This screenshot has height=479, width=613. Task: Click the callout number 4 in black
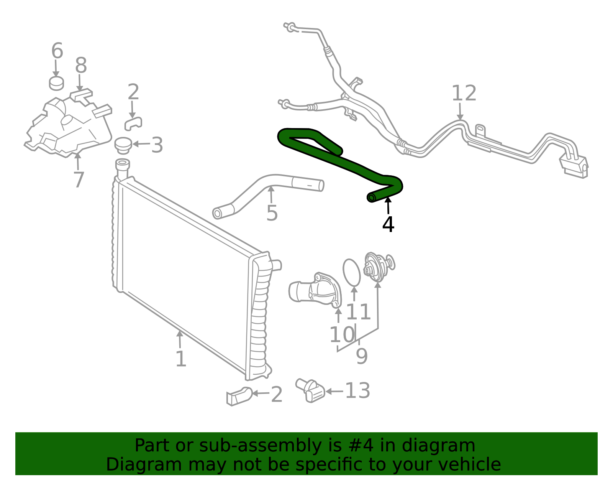(388, 225)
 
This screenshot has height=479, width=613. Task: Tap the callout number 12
(464, 94)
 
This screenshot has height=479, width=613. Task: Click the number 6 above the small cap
(57, 51)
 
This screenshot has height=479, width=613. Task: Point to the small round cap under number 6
(56, 83)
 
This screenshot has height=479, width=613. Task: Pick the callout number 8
(81, 66)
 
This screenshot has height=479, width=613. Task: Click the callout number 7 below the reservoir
(79, 179)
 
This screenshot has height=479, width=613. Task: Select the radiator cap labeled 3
(123, 145)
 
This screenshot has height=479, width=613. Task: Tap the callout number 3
(157, 145)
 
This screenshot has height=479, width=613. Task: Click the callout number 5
(272, 213)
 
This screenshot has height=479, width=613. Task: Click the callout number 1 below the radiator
(180, 359)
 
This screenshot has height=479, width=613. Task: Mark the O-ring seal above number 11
(351, 272)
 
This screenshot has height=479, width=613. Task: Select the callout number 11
(358, 312)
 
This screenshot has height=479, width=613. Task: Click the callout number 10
(342, 335)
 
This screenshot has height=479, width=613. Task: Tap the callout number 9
(362, 357)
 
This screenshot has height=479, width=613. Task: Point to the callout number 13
(357, 391)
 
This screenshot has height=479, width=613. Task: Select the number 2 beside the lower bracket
(277, 395)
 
